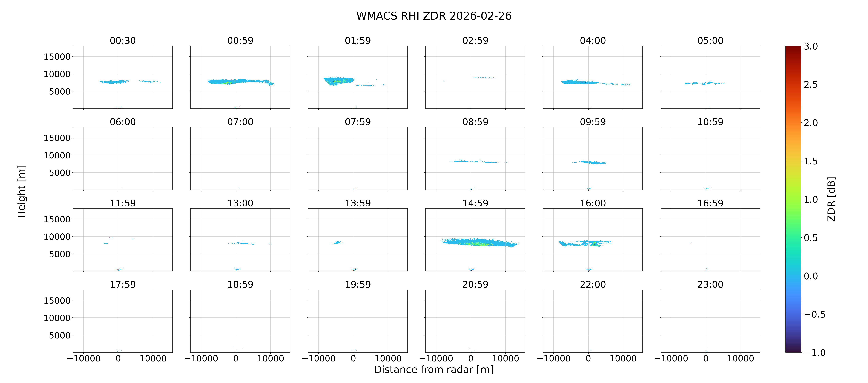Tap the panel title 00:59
pos(240,41)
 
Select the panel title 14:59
pos(475,203)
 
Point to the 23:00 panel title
pos(710,284)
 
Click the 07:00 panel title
pos(240,122)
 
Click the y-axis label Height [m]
pos(22,191)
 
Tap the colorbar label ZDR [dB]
pos(831,199)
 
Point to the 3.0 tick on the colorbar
pos(811,46)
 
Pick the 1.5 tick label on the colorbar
pos(811,161)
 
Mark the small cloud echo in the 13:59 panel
pos(337,242)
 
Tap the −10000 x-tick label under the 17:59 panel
pos(84,358)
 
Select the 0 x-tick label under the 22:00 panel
pos(588,358)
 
